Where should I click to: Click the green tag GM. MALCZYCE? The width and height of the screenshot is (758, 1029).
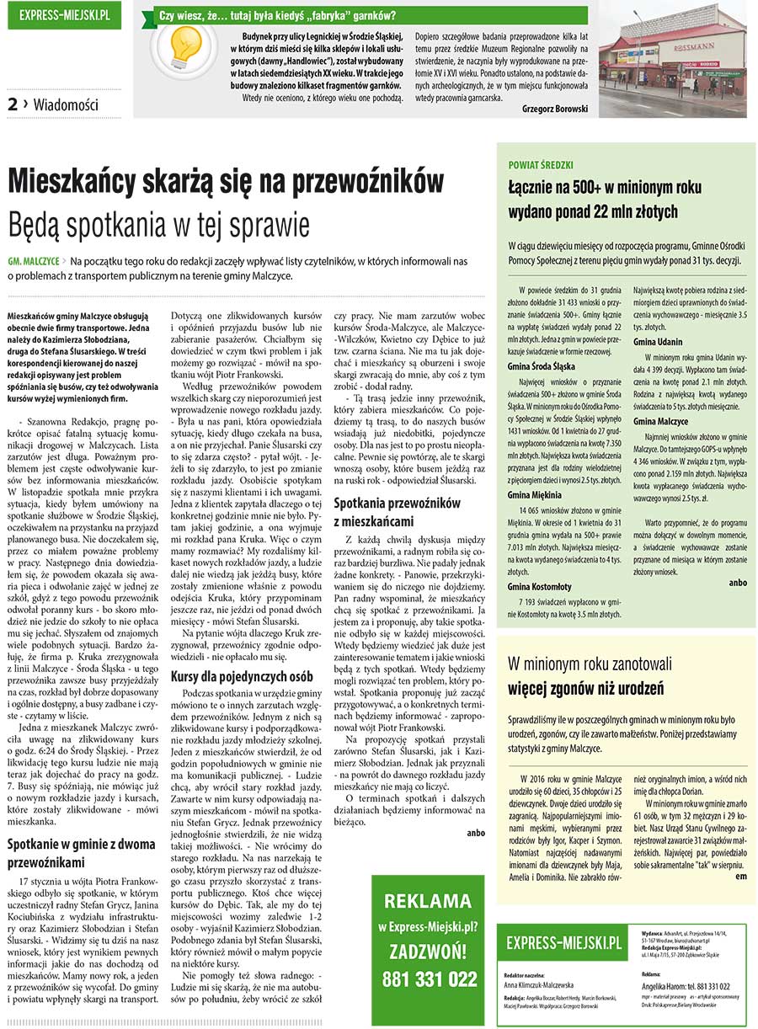click(x=34, y=262)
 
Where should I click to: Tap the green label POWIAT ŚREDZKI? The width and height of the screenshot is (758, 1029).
click(x=541, y=165)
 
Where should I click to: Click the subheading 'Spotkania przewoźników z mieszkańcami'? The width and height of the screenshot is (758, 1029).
click(x=397, y=511)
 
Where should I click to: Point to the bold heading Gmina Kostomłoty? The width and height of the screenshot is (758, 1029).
click(x=540, y=586)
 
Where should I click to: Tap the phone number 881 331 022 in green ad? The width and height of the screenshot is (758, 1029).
click(x=429, y=979)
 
